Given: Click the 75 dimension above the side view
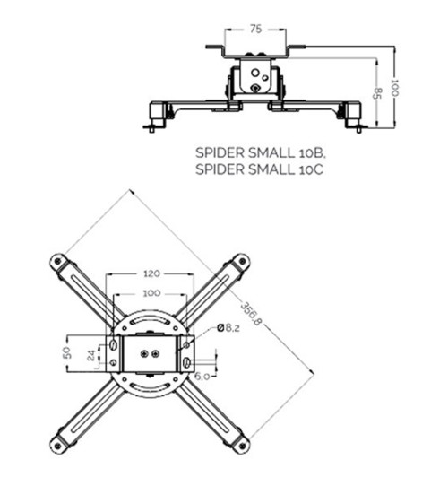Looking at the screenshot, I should tap(254, 30).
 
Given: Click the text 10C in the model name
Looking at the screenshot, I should tap(307, 168).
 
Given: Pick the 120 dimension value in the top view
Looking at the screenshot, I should tap(150, 273).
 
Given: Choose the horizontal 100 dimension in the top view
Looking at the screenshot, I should tap(150, 293).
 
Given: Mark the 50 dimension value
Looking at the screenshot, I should tap(65, 353).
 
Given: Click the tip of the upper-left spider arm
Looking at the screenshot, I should tap(58, 261).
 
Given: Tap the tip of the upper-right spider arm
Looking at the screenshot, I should tap(241, 261).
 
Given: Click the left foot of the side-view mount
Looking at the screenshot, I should tap(158, 115).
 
